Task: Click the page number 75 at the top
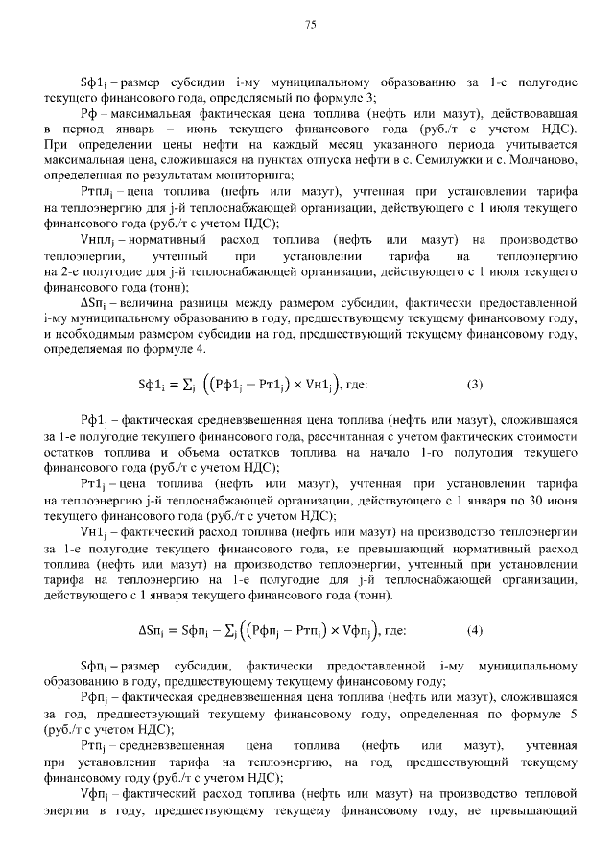point(310,25)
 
